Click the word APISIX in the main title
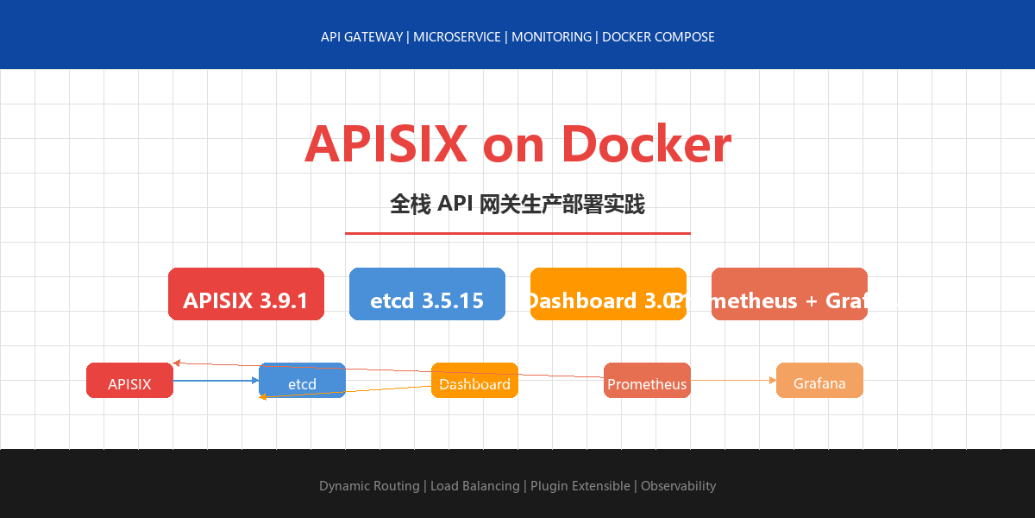pyautogui.click(x=386, y=144)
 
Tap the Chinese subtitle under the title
pyautogui.click(x=517, y=205)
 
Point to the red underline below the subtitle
pyautogui.click(x=517, y=233)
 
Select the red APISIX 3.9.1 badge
pyautogui.click(x=246, y=294)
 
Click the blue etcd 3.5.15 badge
pyautogui.click(x=427, y=294)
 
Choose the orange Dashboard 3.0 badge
pyautogui.click(x=608, y=294)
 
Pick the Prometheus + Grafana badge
pyautogui.click(x=789, y=294)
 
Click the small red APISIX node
pyautogui.click(x=129, y=381)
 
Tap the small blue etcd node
pyautogui.click(x=302, y=381)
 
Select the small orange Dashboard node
pyautogui.click(x=474, y=381)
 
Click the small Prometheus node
pyautogui.click(x=647, y=381)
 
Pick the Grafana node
pyautogui.click(x=819, y=381)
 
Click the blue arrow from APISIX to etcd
pyautogui.click(x=216, y=380)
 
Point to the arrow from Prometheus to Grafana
pyautogui.click(x=733, y=380)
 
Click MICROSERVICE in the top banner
pyautogui.click(x=457, y=37)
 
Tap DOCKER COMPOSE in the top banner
pyautogui.click(x=658, y=37)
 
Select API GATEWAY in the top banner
pyautogui.click(x=361, y=37)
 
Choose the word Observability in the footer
pyautogui.click(x=678, y=486)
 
